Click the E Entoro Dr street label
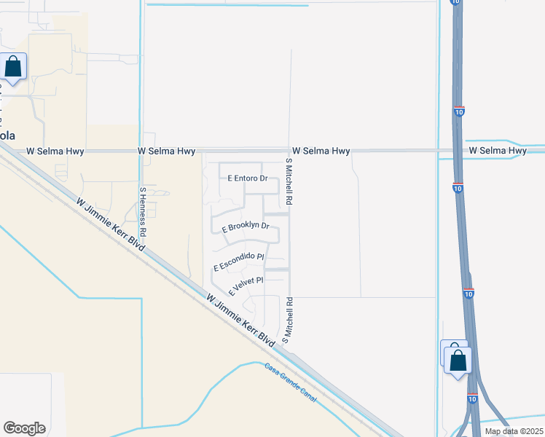coord(248,178)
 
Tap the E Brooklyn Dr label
coord(246,227)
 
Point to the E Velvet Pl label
coord(246,283)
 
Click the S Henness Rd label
coord(143,211)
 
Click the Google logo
coord(24,428)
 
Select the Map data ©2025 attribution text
coord(513,431)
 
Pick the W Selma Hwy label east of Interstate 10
coord(498,151)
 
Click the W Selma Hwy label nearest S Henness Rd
coord(166,151)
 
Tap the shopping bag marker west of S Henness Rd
coord(13,67)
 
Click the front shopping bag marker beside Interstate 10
coord(458,361)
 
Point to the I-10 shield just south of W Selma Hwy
coord(457,187)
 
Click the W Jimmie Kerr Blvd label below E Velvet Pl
coord(240,320)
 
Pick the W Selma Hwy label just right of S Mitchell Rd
coord(321,151)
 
